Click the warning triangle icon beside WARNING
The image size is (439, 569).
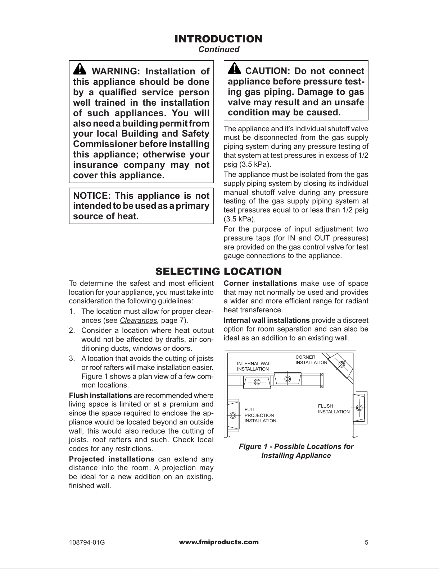point(79,69)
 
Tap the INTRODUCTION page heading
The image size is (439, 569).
point(218,39)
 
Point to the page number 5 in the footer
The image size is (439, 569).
point(366,543)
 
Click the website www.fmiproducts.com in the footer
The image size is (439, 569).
point(219,542)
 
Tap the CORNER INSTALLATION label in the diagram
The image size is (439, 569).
point(311,360)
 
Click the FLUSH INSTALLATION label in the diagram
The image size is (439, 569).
point(334,409)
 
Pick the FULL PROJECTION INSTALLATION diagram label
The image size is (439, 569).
point(260,415)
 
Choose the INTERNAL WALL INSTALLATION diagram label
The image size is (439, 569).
point(255,366)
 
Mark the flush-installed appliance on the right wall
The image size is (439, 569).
point(359,408)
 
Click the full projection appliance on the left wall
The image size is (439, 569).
point(233,415)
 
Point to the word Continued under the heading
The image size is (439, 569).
point(219,50)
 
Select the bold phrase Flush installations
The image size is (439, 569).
point(100,396)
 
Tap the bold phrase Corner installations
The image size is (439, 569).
point(260,284)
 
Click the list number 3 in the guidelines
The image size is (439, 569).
point(71,358)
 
